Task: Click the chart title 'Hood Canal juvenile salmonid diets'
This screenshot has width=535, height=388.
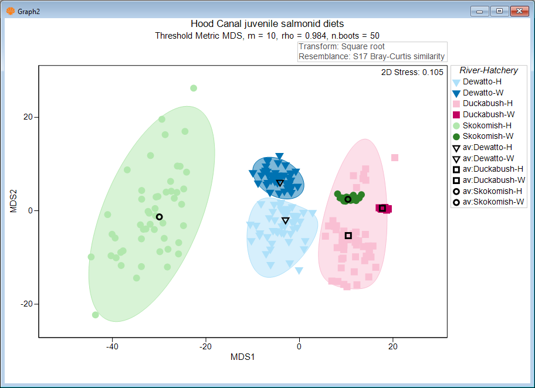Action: tap(267, 24)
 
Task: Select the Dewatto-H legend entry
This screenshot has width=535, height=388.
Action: tap(482, 82)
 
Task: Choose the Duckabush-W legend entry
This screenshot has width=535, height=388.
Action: tap(485, 114)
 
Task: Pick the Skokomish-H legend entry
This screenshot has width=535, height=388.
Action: tap(486, 125)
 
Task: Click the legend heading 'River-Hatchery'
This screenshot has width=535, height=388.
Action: tap(488, 70)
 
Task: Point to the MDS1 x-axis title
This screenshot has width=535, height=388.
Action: tap(242, 356)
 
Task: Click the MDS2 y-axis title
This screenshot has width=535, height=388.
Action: tap(13, 200)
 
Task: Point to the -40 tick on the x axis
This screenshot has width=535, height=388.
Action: tap(112, 346)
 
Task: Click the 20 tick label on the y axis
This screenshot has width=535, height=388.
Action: tap(28, 117)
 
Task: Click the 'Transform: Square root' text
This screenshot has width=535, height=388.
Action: tap(341, 47)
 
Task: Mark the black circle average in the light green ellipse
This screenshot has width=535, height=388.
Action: tap(159, 217)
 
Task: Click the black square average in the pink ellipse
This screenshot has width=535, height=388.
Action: tap(348, 236)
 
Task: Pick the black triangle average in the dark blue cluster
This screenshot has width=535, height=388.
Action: tap(280, 183)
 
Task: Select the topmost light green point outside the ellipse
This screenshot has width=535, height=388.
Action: tap(194, 89)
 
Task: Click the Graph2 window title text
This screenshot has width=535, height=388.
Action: tap(29, 11)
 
